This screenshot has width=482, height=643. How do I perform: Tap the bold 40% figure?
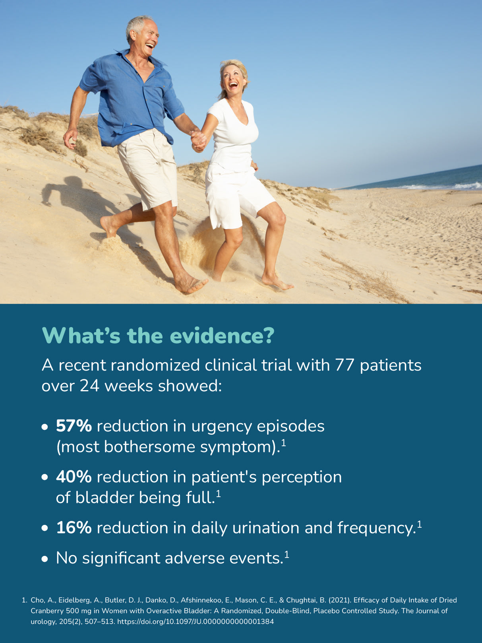[74, 477]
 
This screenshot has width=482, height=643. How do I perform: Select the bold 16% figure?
[74, 528]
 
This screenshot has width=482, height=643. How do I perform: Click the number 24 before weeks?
[90, 386]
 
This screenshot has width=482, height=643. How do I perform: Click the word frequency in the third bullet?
[376, 529]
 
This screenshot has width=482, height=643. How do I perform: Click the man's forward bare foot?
[190, 284]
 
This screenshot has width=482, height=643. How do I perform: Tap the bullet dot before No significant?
[45, 559]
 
